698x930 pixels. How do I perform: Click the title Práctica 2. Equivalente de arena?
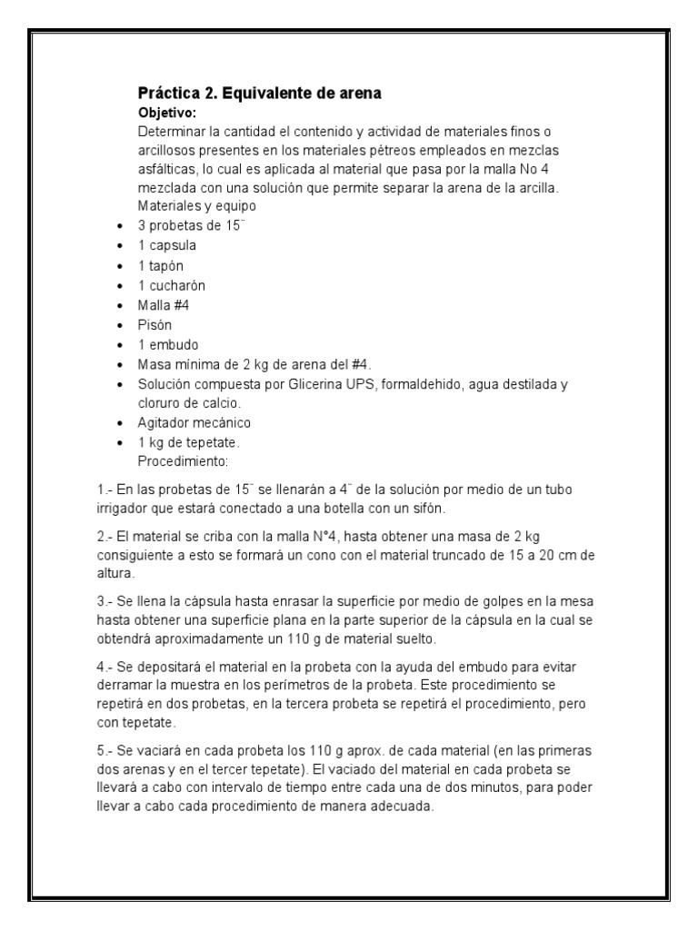click(x=259, y=94)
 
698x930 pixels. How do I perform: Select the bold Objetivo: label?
click(x=166, y=113)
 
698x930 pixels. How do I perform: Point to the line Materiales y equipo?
click(x=193, y=206)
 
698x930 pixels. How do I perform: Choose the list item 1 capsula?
click(x=167, y=245)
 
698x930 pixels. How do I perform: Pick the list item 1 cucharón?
click(x=171, y=285)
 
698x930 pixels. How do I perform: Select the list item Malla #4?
click(x=162, y=305)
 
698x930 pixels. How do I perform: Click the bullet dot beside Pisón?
click(x=121, y=325)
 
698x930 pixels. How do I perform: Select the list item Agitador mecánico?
click(x=194, y=423)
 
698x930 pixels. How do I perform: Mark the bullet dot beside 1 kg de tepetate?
click(x=121, y=443)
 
